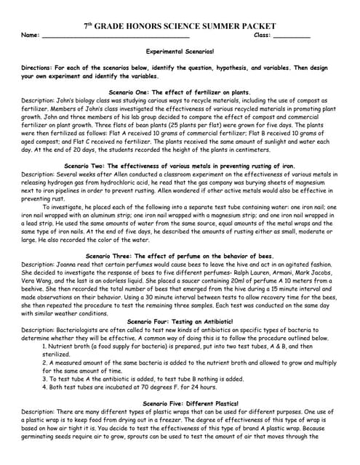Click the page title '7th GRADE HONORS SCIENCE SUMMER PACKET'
pos(180,25)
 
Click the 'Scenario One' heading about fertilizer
pos(180,93)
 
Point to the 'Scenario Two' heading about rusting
pos(180,166)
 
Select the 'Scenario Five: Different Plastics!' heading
pos(180,403)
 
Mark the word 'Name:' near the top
pos(31,36)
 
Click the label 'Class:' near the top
pos(262,36)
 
